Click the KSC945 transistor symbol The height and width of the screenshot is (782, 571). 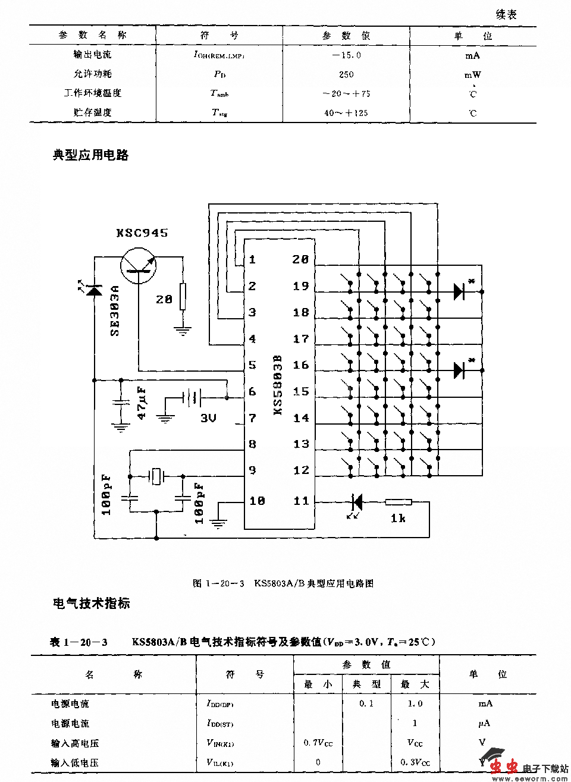(138, 265)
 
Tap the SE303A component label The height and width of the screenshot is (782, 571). (114, 310)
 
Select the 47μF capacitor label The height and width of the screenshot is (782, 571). (142, 403)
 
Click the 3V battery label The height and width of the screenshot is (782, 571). (208, 418)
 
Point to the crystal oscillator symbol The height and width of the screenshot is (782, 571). (156, 476)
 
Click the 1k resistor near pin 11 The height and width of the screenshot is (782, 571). (398, 503)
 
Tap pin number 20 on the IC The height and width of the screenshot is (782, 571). (300, 259)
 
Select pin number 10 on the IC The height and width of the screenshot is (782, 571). (257, 501)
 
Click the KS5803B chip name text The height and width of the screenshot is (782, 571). (277, 385)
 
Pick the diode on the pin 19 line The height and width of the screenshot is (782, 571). (459, 291)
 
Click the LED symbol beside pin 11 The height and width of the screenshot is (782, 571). (357, 502)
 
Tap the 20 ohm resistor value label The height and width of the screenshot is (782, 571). (164, 299)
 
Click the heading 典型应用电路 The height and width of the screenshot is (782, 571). (90, 155)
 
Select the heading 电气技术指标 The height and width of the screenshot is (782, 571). (91, 604)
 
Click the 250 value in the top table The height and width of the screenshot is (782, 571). (346, 74)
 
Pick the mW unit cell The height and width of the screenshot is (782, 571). (472, 75)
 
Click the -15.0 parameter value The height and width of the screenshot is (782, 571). (346, 55)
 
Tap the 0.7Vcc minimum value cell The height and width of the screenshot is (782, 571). (318, 743)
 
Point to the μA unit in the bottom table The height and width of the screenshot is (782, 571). (484, 723)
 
